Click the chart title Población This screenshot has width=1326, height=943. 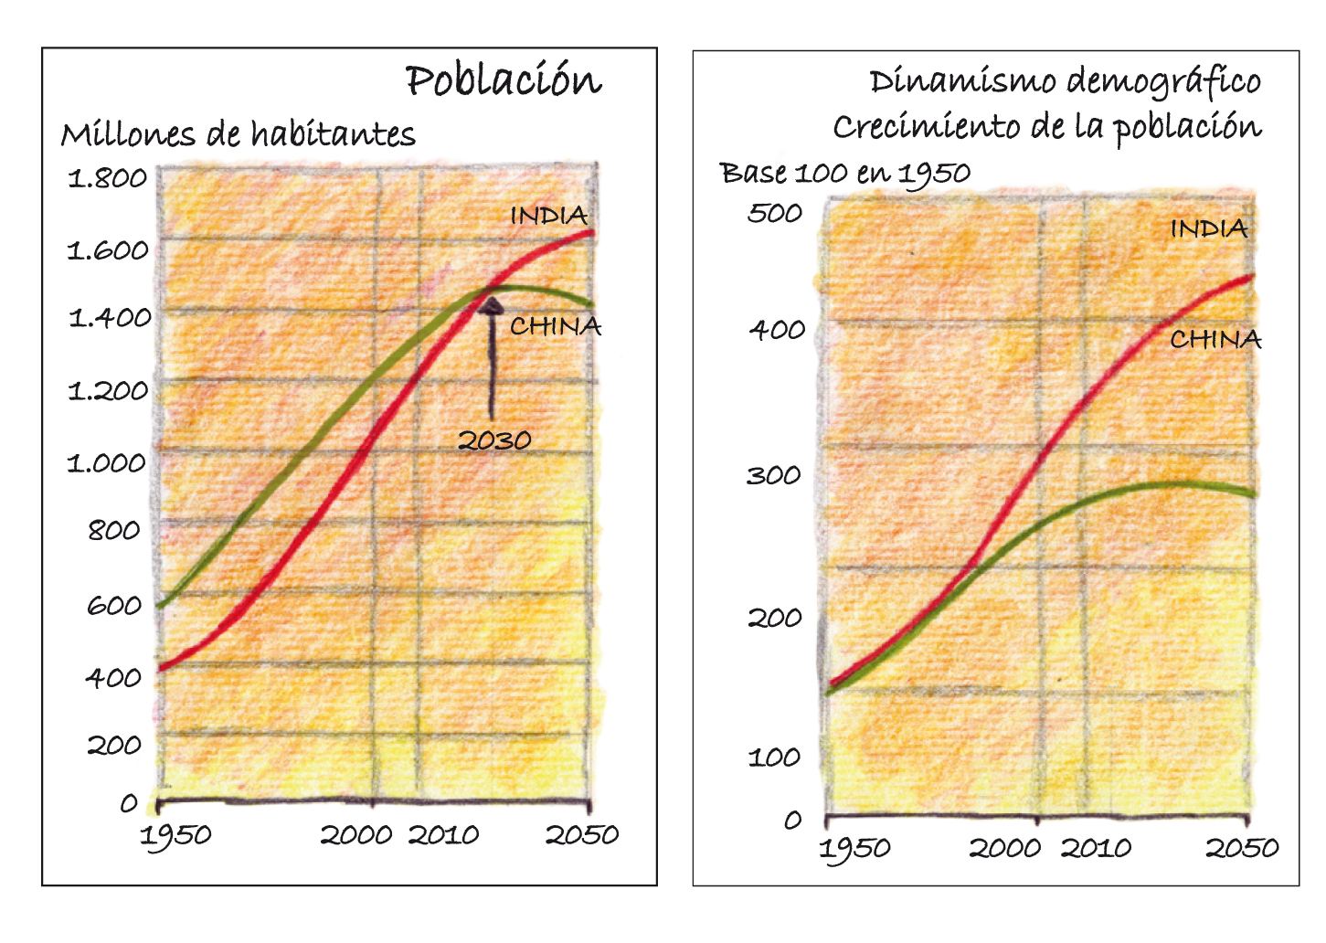[504, 80]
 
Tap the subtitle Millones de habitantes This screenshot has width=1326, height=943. [238, 135]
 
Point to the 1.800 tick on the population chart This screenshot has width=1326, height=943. [108, 177]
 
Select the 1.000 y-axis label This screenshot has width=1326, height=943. [107, 462]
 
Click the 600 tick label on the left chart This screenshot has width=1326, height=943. [114, 605]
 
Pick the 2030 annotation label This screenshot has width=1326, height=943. [494, 440]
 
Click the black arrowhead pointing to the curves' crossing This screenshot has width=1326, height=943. [492, 305]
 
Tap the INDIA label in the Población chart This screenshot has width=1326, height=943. [548, 216]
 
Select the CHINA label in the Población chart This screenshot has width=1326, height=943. [556, 326]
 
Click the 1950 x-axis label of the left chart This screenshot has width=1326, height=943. [175, 835]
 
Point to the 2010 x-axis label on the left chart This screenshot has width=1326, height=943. [443, 834]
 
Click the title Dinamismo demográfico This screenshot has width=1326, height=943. [1065, 82]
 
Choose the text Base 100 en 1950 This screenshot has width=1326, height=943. [845, 173]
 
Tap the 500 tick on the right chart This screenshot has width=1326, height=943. [775, 213]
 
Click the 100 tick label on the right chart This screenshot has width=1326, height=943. [774, 757]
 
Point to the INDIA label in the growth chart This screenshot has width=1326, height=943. [1209, 228]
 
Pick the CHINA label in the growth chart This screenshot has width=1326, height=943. [1215, 340]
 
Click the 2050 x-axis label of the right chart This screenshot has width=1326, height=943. [1242, 848]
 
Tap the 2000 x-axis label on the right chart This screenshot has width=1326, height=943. [1005, 848]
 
